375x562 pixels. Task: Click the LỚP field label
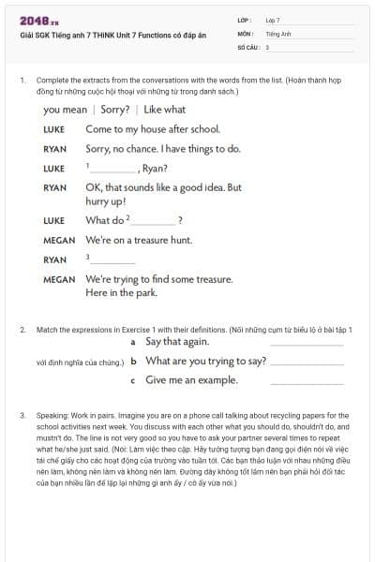(x=243, y=20)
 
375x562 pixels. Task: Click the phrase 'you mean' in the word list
(x=65, y=110)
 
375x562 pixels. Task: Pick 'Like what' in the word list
(x=165, y=110)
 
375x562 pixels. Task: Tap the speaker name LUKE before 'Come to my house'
(x=54, y=129)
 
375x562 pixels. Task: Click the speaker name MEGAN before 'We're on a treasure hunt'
(x=59, y=241)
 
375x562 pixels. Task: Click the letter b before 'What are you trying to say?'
(x=134, y=362)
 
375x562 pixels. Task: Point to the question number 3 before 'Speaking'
(x=22, y=414)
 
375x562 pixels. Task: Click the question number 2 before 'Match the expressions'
(x=22, y=330)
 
